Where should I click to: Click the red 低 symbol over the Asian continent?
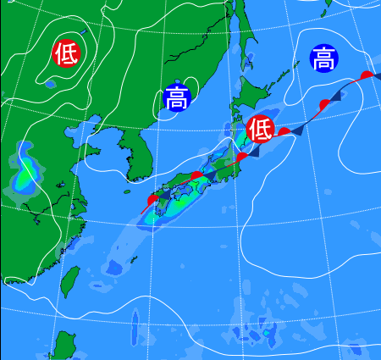tap(66, 54)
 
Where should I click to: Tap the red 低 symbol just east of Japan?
tap(261, 130)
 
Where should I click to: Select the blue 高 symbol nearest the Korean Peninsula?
tap(177, 98)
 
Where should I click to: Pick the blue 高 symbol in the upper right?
tap(323, 58)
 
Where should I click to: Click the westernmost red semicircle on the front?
tap(153, 199)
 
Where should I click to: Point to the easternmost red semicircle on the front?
tap(366, 76)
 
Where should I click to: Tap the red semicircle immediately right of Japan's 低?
tap(284, 131)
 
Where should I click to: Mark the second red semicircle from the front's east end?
tap(324, 105)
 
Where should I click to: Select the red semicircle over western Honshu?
tap(196, 176)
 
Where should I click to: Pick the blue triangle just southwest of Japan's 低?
tap(252, 151)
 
